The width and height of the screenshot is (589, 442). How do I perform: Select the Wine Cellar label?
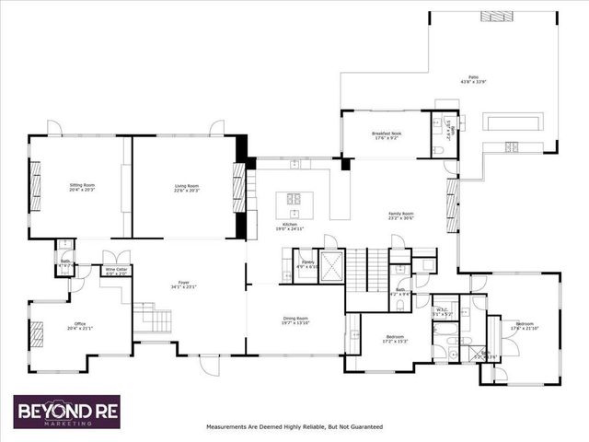tap(116, 271)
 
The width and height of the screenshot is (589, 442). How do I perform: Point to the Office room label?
tap(80, 325)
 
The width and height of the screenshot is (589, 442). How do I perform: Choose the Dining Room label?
tap(294, 321)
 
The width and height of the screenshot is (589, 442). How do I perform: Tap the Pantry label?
tap(308, 264)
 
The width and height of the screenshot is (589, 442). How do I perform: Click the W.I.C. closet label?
tap(442, 311)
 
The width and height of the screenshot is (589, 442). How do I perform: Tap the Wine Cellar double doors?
tap(115, 258)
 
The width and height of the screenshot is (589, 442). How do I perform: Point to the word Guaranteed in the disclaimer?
tap(364, 427)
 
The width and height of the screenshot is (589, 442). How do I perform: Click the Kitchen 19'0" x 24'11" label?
tap(294, 227)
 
